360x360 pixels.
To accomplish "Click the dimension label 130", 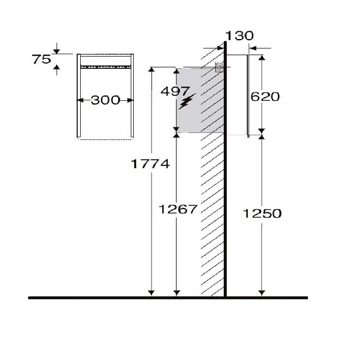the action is (240, 36).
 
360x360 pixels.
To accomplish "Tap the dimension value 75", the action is (41, 59).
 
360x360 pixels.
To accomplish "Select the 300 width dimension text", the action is (105, 100).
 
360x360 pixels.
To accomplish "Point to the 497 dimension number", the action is (175, 91).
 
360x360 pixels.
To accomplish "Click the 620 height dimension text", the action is (265, 97).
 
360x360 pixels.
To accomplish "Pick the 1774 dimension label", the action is (150, 164).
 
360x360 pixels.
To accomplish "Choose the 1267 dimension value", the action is (178, 209).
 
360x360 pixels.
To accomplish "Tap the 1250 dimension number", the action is (262, 213).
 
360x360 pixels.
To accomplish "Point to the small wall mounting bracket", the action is (220, 67).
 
